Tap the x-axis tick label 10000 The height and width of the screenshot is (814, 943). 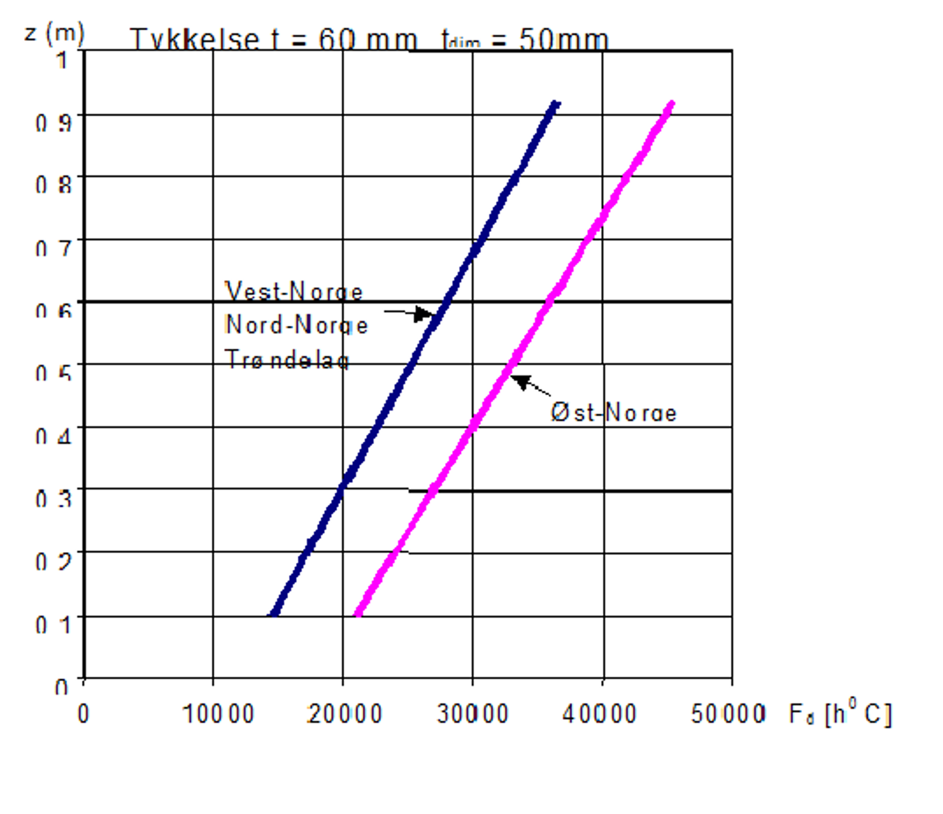tap(218, 714)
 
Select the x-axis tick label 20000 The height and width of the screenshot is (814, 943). tap(345, 714)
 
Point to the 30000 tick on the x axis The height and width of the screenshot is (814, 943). tap(472, 714)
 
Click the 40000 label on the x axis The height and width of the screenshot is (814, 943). tap(599, 714)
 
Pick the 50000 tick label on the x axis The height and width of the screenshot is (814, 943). tap(728, 714)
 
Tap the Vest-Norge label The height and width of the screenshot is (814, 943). tap(294, 291)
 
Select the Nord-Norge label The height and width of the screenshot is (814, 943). tap(296, 325)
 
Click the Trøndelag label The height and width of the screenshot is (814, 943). tap(287, 359)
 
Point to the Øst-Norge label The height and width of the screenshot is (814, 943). tap(614, 412)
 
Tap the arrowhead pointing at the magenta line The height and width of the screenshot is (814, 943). tap(520, 381)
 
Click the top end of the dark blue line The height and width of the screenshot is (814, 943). tap(555, 104)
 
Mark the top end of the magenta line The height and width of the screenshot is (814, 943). tap(671, 104)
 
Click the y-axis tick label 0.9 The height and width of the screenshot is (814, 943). tap(54, 123)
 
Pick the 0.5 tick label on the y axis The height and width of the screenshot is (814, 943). tap(54, 373)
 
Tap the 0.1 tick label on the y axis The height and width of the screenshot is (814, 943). tap(54, 624)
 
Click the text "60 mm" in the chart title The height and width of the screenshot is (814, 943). tap(367, 40)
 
